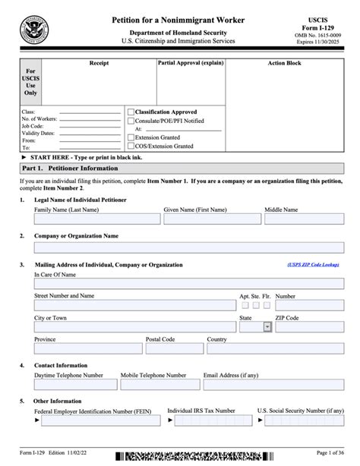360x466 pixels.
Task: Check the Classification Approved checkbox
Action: pos(131,112)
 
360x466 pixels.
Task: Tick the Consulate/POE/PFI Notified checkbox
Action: pos(131,121)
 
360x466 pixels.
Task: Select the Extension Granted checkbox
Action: pos(131,137)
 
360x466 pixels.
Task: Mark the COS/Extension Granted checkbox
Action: pos(131,146)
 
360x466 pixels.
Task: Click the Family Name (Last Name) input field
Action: pos(97,219)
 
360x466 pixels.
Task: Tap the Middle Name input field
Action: pos(303,219)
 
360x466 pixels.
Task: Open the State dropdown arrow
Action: pos(267,327)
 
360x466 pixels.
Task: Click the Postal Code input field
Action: pos(173,348)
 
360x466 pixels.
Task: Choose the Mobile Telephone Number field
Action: pos(159,385)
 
